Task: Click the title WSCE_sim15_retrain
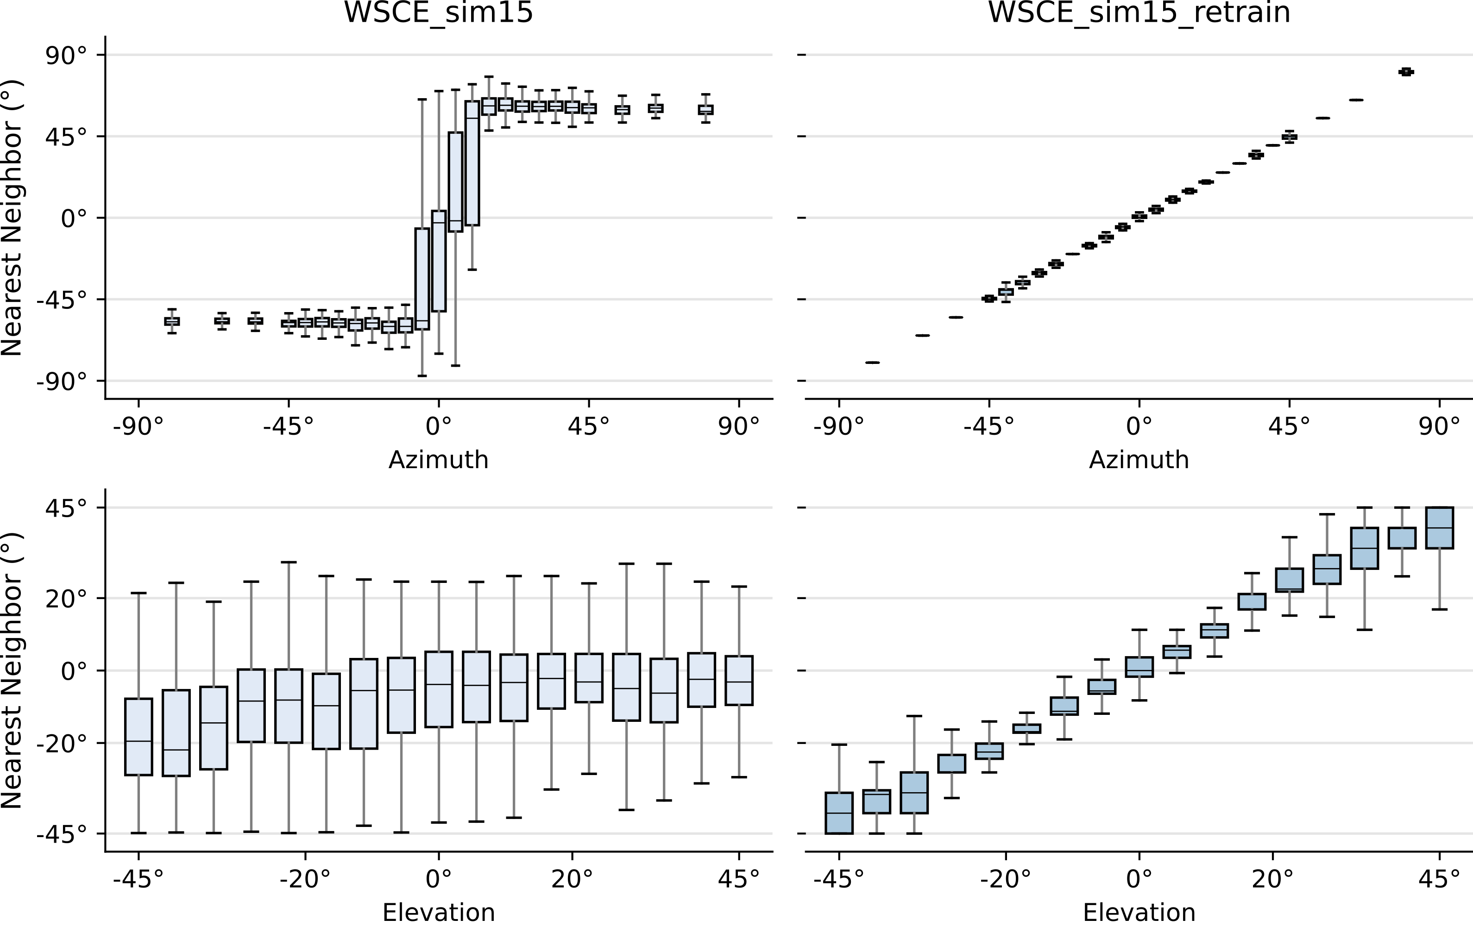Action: coord(1139,13)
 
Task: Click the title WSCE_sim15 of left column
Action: coord(439,13)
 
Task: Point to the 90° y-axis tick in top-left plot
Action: coord(67,56)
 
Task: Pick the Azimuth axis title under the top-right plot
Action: coord(1139,460)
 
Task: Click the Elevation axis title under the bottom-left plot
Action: coord(439,913)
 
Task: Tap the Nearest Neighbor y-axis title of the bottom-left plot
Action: coord(12,670)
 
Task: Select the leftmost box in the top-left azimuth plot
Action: coord(172,322)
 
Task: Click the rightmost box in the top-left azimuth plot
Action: coord(705,109)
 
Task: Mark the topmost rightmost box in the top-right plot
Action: coord(1406,72)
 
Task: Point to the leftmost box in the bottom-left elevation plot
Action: coord(138,736)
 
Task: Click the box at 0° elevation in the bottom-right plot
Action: coord(1139,667)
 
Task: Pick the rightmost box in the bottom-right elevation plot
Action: coord(1439,527)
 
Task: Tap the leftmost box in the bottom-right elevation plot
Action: coord(839,813)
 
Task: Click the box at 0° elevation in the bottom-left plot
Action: coord(439,689)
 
